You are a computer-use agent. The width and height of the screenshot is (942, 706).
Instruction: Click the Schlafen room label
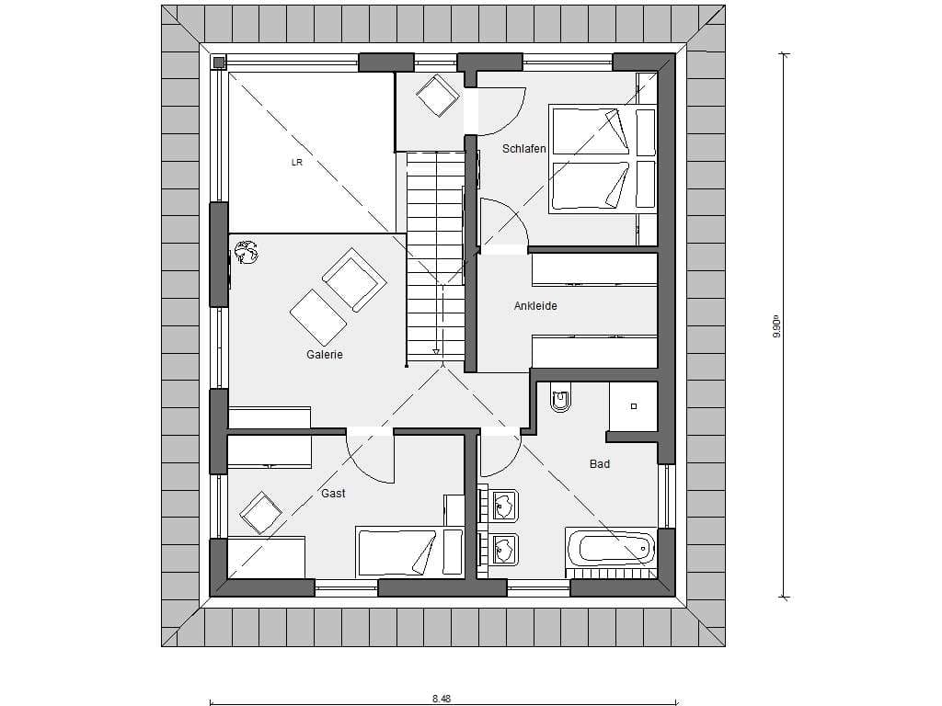[523, 148]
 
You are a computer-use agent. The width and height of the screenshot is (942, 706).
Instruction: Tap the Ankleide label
[535, 305]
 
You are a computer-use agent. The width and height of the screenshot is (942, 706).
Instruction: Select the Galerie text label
[325, 354]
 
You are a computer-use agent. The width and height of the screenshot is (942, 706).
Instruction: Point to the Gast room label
[333, 493]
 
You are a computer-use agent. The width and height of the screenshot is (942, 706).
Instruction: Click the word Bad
[600, 463]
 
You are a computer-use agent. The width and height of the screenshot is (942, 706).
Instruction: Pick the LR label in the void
[297, 162]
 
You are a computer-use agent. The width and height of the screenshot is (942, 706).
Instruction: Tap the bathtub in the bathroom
[611, 547]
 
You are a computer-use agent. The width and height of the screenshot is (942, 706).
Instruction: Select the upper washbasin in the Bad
[505, 505]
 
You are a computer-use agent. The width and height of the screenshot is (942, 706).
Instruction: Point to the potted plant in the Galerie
[246, 252]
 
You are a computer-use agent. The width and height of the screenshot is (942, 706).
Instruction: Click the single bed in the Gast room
[409, 552]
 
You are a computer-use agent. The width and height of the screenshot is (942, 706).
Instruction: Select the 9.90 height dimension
[776, 329]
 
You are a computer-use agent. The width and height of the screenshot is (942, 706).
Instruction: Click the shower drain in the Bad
[633, 406]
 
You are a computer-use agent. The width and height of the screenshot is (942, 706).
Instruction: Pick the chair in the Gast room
[260, 512]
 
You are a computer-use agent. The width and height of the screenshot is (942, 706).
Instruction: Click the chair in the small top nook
[437, 95]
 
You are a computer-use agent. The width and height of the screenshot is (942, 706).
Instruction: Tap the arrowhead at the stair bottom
[435, 352]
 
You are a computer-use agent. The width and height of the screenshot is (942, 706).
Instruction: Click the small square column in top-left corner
[219, 62]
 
